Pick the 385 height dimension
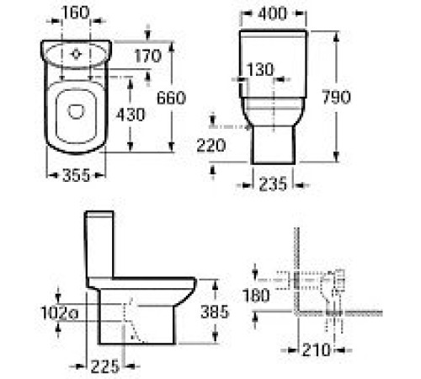[236, 310]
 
